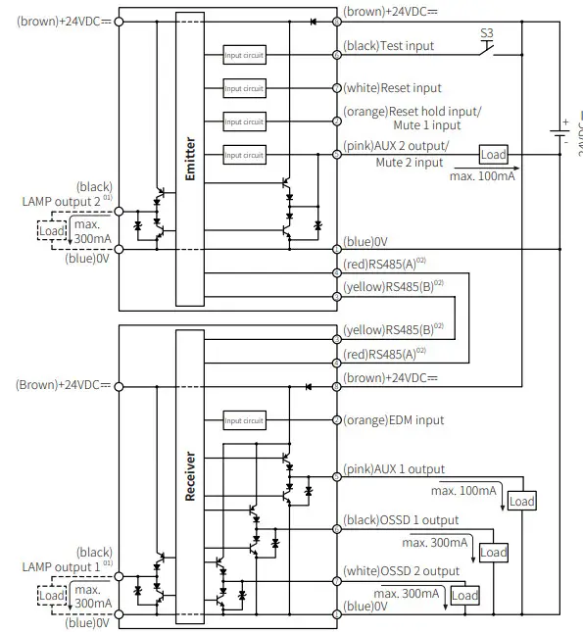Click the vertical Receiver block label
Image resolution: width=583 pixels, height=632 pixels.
point(191,475)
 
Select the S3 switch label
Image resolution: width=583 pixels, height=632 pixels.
point(487,32)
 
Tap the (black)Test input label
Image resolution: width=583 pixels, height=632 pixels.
point(388,46)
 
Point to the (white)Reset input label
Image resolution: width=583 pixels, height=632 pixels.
point(392,88)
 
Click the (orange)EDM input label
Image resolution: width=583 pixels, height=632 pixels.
point(393,420)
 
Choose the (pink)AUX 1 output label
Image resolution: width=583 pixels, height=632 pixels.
point(393,469)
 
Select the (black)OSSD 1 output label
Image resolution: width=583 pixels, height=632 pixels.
point(400,520)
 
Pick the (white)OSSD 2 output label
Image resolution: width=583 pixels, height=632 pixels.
point(401,571)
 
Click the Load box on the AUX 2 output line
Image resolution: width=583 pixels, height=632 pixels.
point(493,155)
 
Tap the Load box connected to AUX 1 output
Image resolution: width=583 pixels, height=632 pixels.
point(522,501)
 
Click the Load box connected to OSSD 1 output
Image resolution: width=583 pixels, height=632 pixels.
point(493,553)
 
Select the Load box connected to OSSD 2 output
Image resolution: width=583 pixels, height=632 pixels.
point(464,596)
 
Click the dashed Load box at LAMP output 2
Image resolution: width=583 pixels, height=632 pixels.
point(52,232)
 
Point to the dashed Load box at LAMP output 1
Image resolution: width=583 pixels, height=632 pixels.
point(52,595)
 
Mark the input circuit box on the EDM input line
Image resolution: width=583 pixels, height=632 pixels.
point(244,420)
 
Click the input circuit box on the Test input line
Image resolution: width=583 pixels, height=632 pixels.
point(244,55)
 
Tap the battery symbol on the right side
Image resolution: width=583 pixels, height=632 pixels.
point(559,131)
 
